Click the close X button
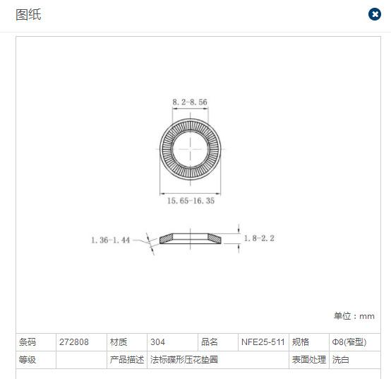(375, 14)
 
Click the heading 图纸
(28, 14)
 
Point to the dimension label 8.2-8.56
(190, 102)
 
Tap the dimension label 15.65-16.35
(191, 201)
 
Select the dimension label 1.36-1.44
(111, 240)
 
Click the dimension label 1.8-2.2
(259, 238)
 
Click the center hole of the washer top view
(190, 149)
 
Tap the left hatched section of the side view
(166, 238)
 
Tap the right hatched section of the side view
(215, 238)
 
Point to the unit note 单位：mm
(354, 316)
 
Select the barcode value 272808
(74, 342)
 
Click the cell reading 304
(157, 342)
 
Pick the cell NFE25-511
(263, 342)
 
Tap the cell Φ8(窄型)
(349, 342)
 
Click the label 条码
(28, 342)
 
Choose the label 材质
(119, 342)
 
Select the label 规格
(301, 342)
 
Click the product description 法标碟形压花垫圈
(184, 359)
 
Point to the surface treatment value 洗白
(340, 359)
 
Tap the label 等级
(28, 359)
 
